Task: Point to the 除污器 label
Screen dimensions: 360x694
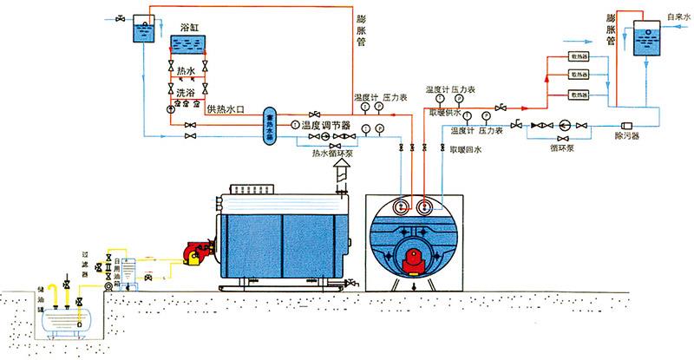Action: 627,137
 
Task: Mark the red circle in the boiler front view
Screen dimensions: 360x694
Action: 413,259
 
